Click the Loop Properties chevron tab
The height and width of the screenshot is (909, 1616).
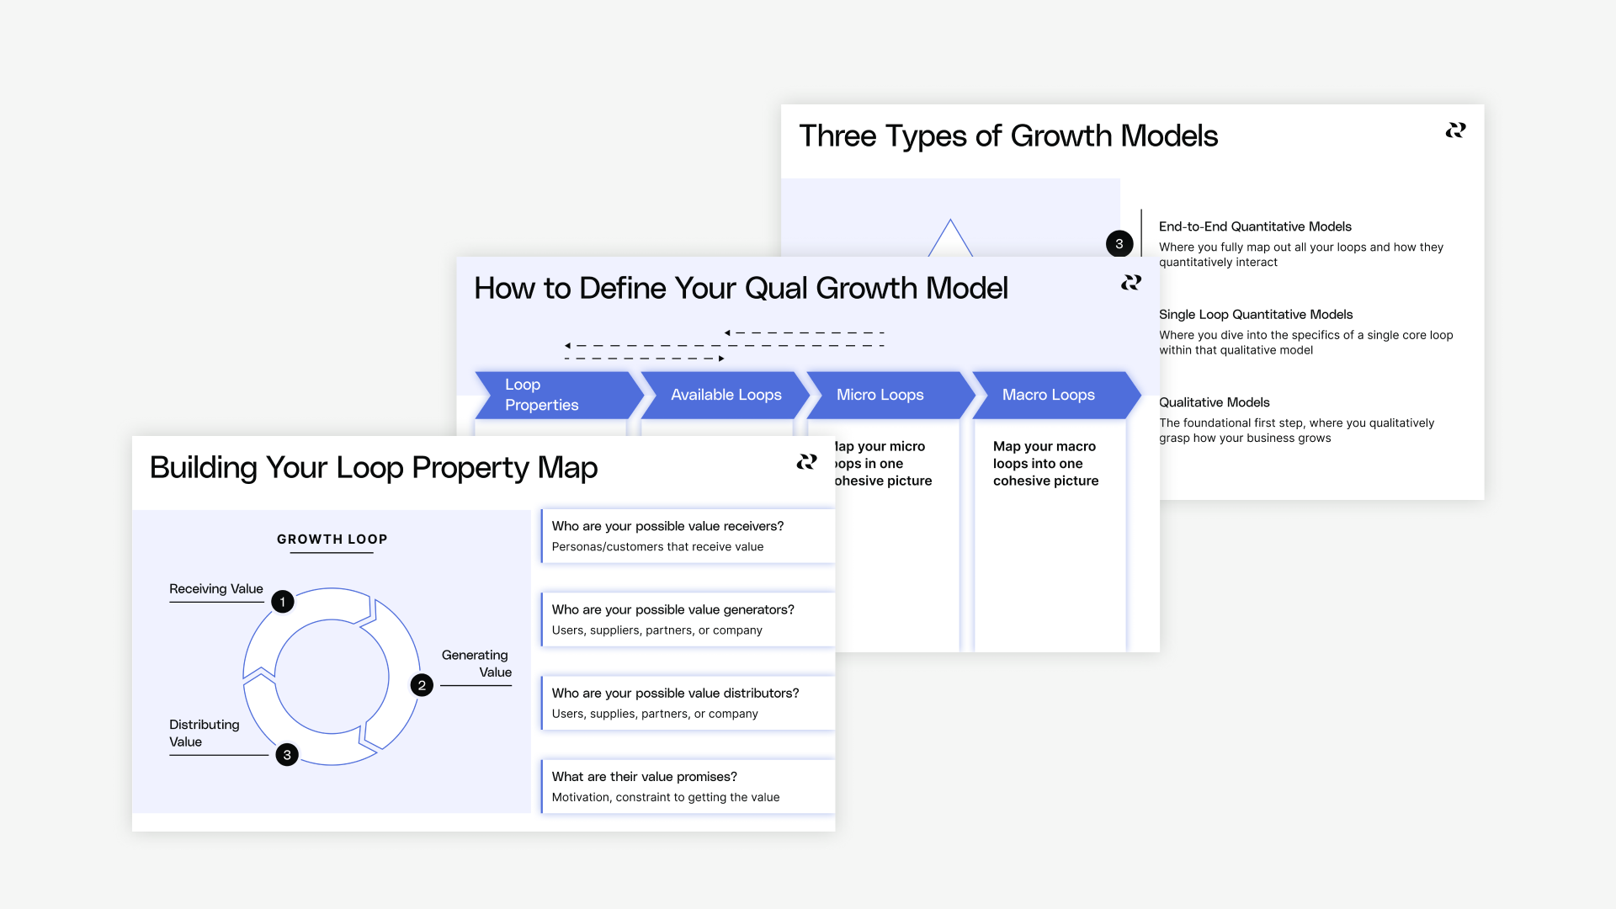click(x=555, y=395)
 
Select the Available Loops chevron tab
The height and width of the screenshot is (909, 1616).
click(x=726, y=395)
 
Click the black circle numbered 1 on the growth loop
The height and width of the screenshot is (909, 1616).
click(x=283, y=602)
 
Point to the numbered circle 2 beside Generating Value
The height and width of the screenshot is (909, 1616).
click(x=422, y=685)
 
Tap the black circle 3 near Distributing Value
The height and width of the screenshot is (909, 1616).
click(x=287, y=755)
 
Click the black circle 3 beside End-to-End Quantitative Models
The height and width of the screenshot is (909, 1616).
click(x=1119, y=244)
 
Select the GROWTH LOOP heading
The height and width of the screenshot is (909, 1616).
click(x=332, y=540)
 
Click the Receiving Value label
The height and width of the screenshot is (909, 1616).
click(x=216, y=589)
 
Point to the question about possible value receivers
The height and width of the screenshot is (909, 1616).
click(x=667, y=526)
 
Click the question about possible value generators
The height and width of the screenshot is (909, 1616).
click(x=672, y=609)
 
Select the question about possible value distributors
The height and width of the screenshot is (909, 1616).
click(x=675, y=693)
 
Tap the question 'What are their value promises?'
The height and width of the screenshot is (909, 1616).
click(x=644, y=777)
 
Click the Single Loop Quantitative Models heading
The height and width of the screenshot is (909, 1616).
click(x=1255, y=315)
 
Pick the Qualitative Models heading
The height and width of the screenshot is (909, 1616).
click(x=1214, y=402)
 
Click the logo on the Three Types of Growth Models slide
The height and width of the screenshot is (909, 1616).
click(x=1455, y=130)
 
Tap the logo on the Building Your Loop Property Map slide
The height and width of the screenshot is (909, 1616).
click(x=806, y=462)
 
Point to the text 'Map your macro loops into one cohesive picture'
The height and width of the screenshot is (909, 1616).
click(x=1045, y=464)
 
